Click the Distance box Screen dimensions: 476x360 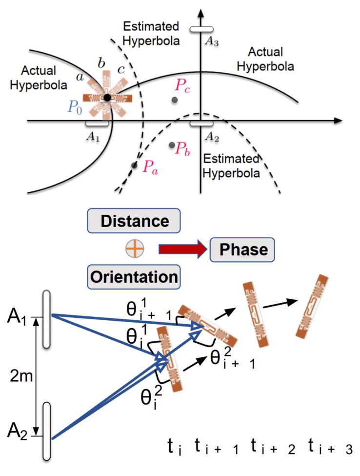point(135,221)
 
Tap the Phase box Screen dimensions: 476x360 point(243,250)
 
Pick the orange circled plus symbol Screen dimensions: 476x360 point(134,249)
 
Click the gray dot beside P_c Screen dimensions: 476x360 point(174,100)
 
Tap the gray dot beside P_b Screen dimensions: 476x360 point(171,145)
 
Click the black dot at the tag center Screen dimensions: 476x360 point(107,98)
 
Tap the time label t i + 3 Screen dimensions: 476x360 point(330,448)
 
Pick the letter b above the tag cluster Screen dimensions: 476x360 point(101,63)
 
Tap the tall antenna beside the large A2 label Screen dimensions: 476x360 point(46,431)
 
